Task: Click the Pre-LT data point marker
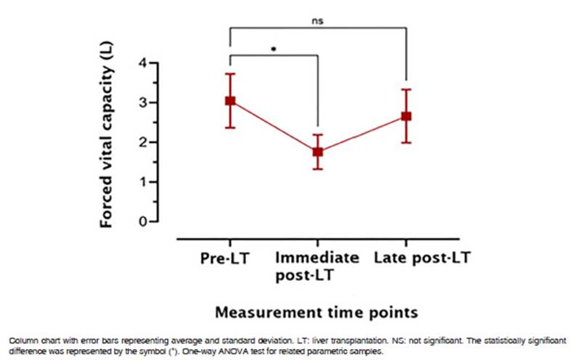tap(229, 101)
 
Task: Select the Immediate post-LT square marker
tap(317, 152)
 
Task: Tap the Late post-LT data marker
tap(406, 116)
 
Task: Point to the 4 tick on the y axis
tap(142, 64)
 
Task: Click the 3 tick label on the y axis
tap(142, 103)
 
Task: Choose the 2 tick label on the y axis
tap(142, 142)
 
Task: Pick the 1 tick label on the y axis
tap(142, 181)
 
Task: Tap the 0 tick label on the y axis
tap(142, 221)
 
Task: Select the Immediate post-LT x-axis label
tap(317, 266)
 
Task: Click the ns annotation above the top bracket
tap(318, 20)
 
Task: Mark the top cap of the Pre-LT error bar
tap(229, 73)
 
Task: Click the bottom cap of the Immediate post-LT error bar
tap(317, 169)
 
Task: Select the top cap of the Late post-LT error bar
tap(406, 89)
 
